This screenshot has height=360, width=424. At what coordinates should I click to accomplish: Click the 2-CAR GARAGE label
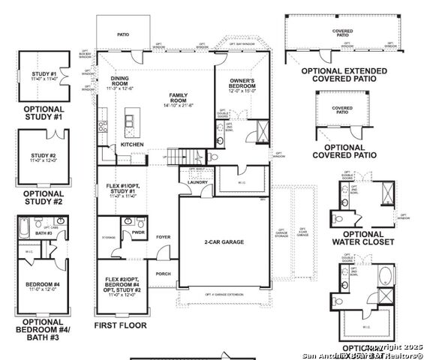coord(224,242)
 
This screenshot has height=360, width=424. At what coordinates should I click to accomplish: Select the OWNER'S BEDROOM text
coord(242,83)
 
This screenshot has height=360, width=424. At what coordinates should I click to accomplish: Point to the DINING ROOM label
coord(119,80)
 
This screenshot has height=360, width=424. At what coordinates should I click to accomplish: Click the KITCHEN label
coord(132,143)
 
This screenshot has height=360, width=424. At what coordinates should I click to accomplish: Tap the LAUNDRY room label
coord(198,182)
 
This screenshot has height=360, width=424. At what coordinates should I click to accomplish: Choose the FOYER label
coord(163,237)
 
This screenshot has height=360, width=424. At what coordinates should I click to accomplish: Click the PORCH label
coord(163,274)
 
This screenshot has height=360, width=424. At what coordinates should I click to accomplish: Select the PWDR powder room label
coord(138,232)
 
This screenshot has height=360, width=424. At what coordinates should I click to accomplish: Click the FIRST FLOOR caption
coord(120,325)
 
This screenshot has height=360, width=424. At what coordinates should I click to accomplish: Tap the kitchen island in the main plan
coord(132,121)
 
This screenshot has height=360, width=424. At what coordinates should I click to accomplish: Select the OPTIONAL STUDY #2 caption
coord(44,197)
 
